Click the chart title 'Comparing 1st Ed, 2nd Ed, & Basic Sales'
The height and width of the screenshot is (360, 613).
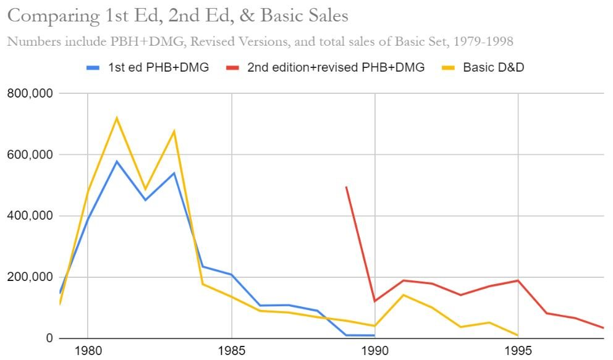click(x=177, y=15)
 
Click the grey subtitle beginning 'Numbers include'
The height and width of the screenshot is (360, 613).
click(x=260, y=42)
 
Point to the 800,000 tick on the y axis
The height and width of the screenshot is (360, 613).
click(x=30, y=94)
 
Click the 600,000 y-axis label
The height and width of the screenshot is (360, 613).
click(x=30, y=155)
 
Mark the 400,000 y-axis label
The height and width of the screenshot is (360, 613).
click(x=30, y=216)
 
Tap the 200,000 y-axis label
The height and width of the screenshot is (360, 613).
click(x=30, y=277)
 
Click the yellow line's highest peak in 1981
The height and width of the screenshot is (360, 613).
click(x=116, y=118)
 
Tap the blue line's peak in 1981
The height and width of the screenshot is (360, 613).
click(x=116, y=162)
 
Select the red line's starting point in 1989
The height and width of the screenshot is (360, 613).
click(x=346, y=186)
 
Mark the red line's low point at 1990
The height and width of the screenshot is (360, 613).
click(x=374, y=301)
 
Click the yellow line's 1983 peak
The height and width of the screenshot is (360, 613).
click(x=174, y=131)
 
